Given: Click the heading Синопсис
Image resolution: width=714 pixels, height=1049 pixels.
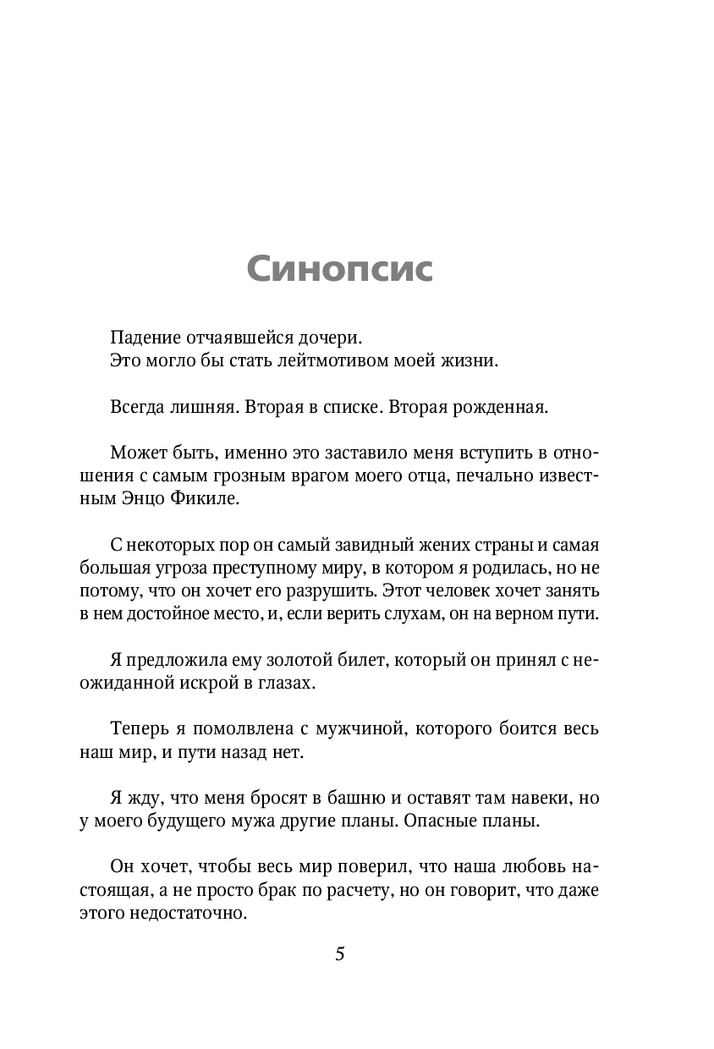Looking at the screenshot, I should pyautogui.click(x=340, y=269).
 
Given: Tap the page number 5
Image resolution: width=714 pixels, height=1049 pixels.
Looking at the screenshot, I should pyautogui.click(x=340, y=953).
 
